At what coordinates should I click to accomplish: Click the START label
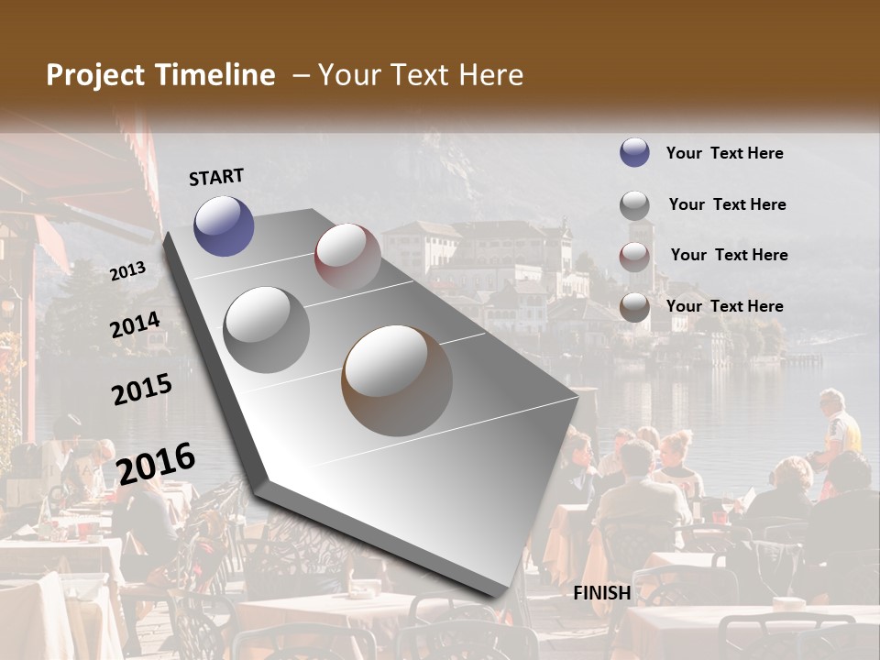216,177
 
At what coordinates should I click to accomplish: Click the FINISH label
602,593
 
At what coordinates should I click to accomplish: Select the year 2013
127,271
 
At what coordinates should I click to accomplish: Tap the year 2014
135,325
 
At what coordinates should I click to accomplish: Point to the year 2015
142,390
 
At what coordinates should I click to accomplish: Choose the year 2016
156,463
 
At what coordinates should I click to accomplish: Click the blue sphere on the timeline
225,225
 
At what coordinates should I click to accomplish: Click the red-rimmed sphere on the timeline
347,257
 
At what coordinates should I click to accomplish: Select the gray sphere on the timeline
267,329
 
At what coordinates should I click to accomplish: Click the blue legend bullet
634,152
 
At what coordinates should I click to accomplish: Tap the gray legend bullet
634,205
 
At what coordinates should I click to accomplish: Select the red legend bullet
634,257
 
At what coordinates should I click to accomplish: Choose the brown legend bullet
634,307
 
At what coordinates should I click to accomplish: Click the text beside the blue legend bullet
724,153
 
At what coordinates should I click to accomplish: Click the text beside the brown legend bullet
724,306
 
